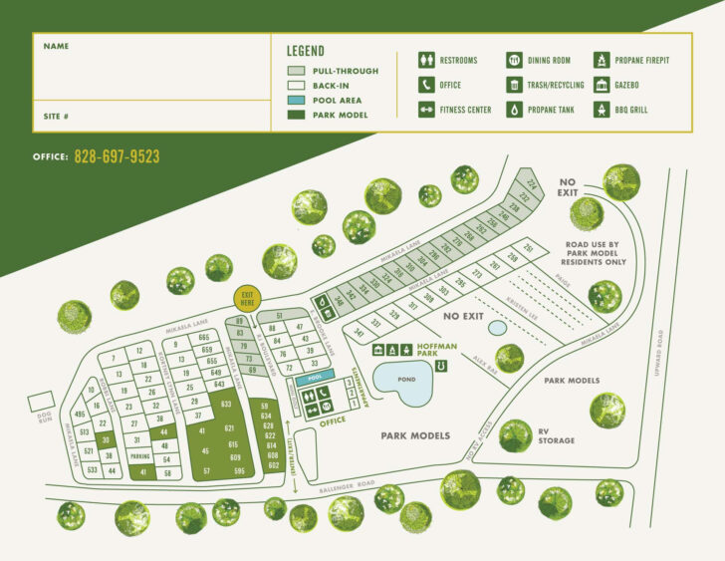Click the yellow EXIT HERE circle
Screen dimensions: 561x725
(x=248, y=298)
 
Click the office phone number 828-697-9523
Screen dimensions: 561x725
(x=117, y=157)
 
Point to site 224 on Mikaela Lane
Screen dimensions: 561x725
(x=532, y=184)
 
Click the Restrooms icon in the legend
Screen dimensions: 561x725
(x=426, y=60)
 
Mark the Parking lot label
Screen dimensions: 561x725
(x=139, y=456)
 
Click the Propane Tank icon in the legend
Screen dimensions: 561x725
(x=513, y=110)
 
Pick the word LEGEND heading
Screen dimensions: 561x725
(x=306, y=52)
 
